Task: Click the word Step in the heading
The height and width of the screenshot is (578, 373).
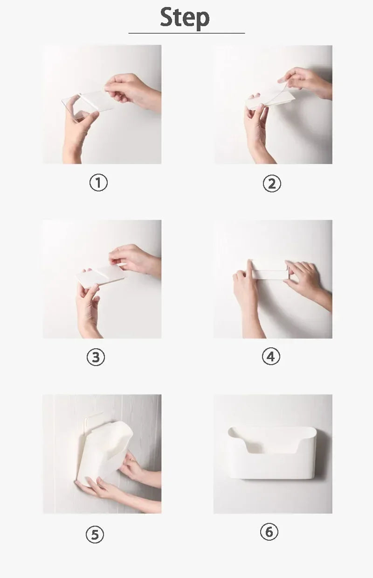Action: tap(185, 18)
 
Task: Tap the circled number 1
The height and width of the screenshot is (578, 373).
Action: tap(98, 183)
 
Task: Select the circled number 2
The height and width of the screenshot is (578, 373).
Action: tap(272, 183)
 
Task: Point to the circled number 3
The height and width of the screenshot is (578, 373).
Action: tap(96, 358)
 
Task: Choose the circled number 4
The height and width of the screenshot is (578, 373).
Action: tap(271, 357)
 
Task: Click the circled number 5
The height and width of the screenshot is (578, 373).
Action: tap(95, 535)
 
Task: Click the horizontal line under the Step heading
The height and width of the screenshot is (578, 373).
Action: tap(186, 33)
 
